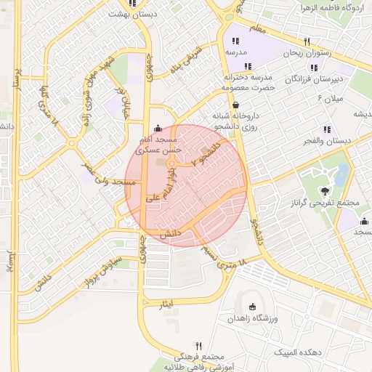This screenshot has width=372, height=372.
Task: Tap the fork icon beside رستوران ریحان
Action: [x=307, y=41]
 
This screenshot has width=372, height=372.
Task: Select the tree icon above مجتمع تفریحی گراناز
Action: [x=323, y=190]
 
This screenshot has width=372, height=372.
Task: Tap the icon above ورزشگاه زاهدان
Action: [x=252, y=307]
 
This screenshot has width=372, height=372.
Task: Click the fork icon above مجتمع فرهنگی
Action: [x=198, y=346]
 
